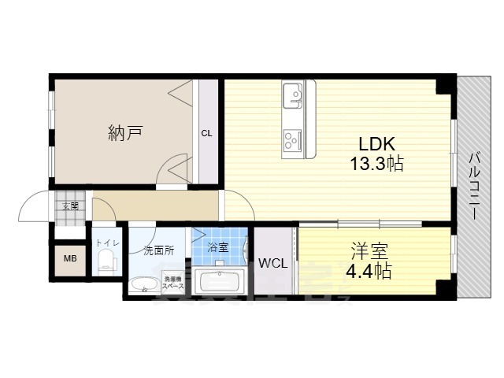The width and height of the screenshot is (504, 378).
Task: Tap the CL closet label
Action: point(206,133)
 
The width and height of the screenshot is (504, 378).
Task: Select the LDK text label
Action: point(376,145)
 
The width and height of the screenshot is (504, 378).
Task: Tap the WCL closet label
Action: point(272,263)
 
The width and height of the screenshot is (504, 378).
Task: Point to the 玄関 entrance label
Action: point(70,206)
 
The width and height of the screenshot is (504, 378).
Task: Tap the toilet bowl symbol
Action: point(107,265)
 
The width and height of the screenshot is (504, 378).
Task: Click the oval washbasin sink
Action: point(144,285)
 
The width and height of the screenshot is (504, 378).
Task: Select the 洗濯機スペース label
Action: point(173,283)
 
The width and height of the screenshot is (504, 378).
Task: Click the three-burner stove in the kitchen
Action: point(293,139)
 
